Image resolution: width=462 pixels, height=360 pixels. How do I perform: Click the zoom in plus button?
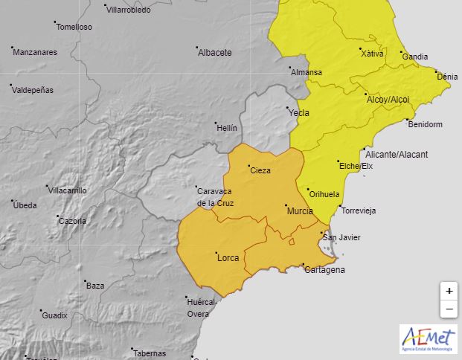pyautogui.click(x=449, y=291)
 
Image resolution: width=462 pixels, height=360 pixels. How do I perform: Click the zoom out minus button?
pyautogui.click(x=449, y=309)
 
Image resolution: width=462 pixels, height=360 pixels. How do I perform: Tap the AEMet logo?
pyautogui.click(x=428, y=339)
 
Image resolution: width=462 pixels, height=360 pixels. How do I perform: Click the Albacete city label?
pyautogui.click(x=215, y=53)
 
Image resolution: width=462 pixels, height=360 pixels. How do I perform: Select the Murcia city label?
pyautogui.click(x=300, y=212)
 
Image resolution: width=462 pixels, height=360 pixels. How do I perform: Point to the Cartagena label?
pyautogui.click(x=324, y=270)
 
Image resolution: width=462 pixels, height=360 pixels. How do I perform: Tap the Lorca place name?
pyautogui.click(x=228, y=258)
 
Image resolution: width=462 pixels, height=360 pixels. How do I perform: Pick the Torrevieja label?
pyautogui.click(x=358, y=210)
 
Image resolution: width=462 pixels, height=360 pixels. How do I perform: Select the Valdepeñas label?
pyautogui.click(x=33, y=90)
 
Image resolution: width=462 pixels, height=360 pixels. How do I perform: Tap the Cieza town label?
pyautogui.click(x=260, y=170)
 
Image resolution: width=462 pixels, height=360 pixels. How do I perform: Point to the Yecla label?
pyautogui.click(x=298, y=113)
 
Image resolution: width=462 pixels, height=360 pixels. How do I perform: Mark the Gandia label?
pyautogui.click(x=414, y=57)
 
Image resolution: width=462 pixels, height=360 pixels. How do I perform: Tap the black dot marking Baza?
pyautogui.click(x=83, y=281)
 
